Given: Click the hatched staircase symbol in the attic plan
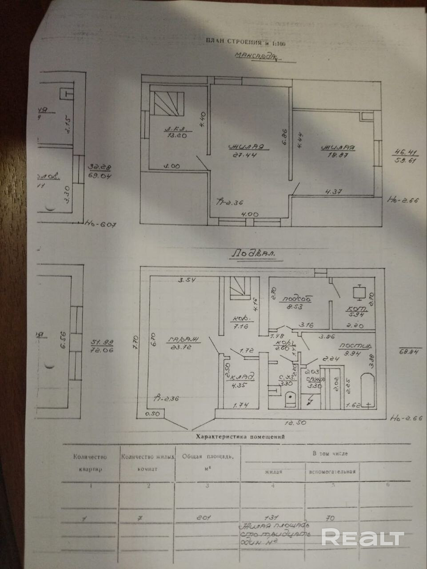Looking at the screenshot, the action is click(167, 103).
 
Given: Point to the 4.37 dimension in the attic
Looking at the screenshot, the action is click(333, 192).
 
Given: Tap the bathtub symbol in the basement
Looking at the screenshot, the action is click(365, 392).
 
